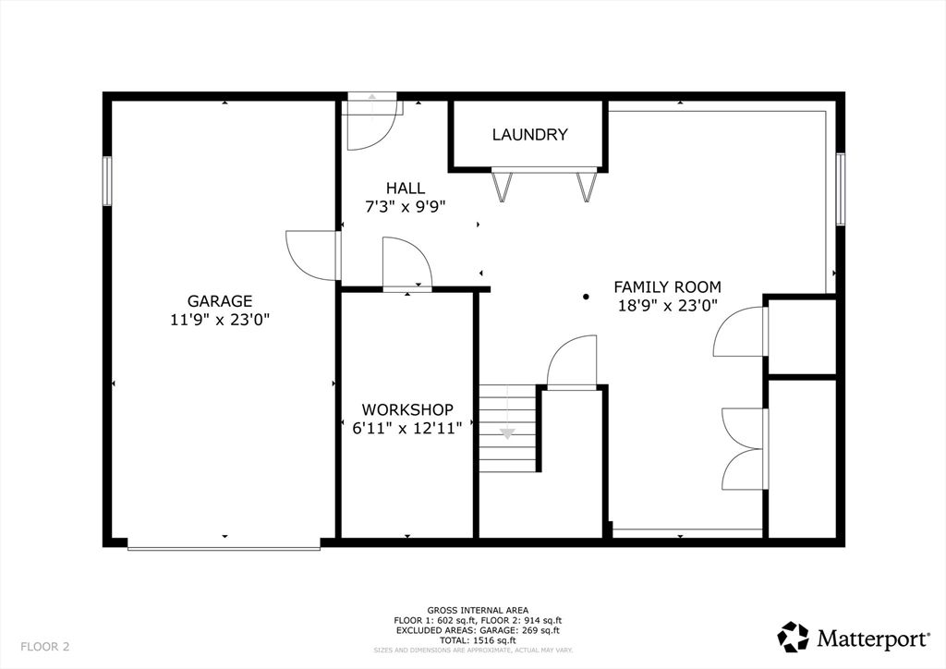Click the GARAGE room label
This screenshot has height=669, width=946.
pyautogui.click(x=220, y=301)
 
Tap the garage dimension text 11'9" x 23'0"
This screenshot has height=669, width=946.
pyautogui.click(x=220, y=320)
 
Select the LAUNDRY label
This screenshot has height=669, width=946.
pyautogui.click(x=529, y=135)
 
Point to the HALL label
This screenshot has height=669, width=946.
pyautogui.click(x=406, y=189)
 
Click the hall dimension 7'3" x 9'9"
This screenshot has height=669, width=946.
pyautogui.click(x=406, y=207)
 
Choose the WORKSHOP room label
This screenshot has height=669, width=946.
pyautogui.click(x=407, y=409)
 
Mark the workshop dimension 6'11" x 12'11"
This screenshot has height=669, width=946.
pyautogui.click(x=407, y=428)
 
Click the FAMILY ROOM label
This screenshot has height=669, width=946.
pyautogui.click(x=667, y=287)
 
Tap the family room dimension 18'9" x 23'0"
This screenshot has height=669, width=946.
pyautogui.click(x=667, y=306)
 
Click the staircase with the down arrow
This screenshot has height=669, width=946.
pyautogui.click(x=507, y=428)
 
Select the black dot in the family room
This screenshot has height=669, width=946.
pyautogui.click(x=586, y=297)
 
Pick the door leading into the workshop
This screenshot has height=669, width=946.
pyautogui.click(x=406, y=266)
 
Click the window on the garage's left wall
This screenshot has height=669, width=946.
pyautogui.click(x=107, y=181)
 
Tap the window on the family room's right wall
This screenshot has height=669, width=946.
pyautogui.click(x=841, y=189)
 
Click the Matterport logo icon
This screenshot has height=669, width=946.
pyautogui.click(x=793, y=637)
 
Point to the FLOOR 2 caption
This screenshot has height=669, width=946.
pyautogui.click(x=44, y=646)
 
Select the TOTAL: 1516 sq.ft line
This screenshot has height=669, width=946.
pyautogui.click(x=478, y=639)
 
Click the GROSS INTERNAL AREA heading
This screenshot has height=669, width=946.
pyautogui.click(x=478, y=610)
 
